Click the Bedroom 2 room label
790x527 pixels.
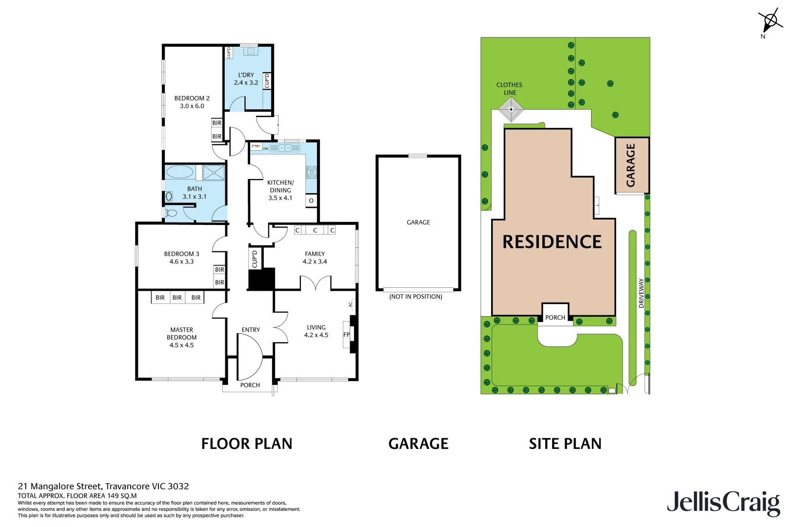coord(192,102)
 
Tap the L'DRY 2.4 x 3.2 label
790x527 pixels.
coord(246,79)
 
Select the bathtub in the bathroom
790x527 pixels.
coord(180,172)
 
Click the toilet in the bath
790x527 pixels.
coord(171,213)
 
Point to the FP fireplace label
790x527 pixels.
coord(346,335)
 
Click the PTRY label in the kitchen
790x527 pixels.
coord(256,146)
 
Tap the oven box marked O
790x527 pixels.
coord(311,201)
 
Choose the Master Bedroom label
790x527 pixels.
coord(181,337)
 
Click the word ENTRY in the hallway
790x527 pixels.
coord(251,330)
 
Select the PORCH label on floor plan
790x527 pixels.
coord(250,385)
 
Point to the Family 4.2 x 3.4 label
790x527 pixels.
coord(315,258)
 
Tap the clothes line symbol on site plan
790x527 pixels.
coord(511,109)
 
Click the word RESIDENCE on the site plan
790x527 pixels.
coord(552,242)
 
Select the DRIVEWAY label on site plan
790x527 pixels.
coord(641,293)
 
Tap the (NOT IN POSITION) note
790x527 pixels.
coord(415,297)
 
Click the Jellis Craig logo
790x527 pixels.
coord(723,503)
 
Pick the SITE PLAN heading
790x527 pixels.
coord(565,444)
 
